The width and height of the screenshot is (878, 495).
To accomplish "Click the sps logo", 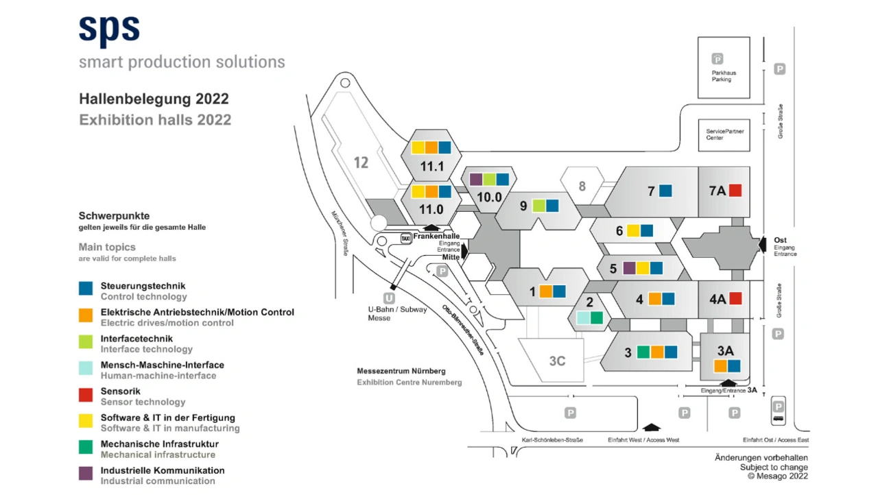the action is (x=109, y=32).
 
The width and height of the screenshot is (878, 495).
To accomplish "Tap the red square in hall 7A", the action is (x=735, y=191).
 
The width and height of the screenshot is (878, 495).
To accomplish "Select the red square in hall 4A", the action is (x=735, y=298).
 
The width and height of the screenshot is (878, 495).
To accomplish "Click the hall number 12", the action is (x=361, y=162).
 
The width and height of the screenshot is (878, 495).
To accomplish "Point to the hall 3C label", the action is (x=557, y=361).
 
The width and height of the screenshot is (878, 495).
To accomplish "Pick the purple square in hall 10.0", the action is (x=476, y=180).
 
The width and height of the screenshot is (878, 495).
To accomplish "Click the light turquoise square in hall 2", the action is (x=583, y=317).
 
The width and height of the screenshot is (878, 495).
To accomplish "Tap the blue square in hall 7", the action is (x=665, y=191).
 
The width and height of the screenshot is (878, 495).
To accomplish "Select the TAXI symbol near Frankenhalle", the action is (x=406, y=238).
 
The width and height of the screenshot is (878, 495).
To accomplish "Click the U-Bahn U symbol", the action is (x=389, y=298).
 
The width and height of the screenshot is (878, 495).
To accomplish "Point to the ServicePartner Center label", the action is (x=725, y=134).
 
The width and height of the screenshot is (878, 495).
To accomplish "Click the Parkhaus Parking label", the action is (x=724, y=76).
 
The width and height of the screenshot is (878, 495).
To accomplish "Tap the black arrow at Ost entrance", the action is (x=762, y=245).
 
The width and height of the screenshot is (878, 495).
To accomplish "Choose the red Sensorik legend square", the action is (x=86, y=395).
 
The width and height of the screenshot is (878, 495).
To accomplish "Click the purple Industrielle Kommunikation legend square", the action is (x=86, y=474).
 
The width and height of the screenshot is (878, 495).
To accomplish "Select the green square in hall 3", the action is (x=643, y=352).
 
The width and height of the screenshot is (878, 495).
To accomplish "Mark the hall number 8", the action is (x=582, y=186).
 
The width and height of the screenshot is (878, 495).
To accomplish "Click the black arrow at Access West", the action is (x=652, y=427).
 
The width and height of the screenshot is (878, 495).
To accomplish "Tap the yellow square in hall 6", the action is (x=633, y=230).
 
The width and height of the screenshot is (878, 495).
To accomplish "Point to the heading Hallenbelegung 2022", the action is (x=154, y=99).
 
